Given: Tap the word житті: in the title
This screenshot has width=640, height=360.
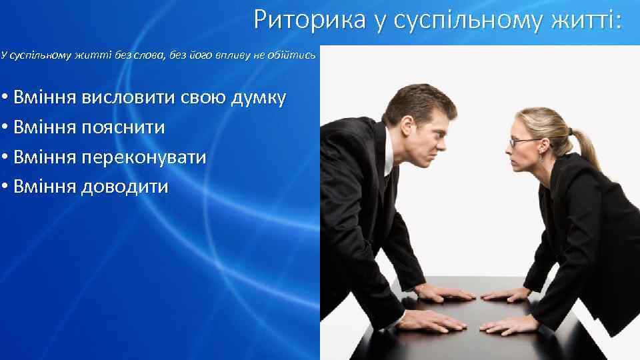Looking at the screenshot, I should click(x=586, y=20).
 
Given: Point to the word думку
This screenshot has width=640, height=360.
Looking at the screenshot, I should click(x=258, y=99).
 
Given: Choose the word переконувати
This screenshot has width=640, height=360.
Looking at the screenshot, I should click(x=143, y=157).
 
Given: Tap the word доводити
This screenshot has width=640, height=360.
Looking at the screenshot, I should click(x=125, y=186).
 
